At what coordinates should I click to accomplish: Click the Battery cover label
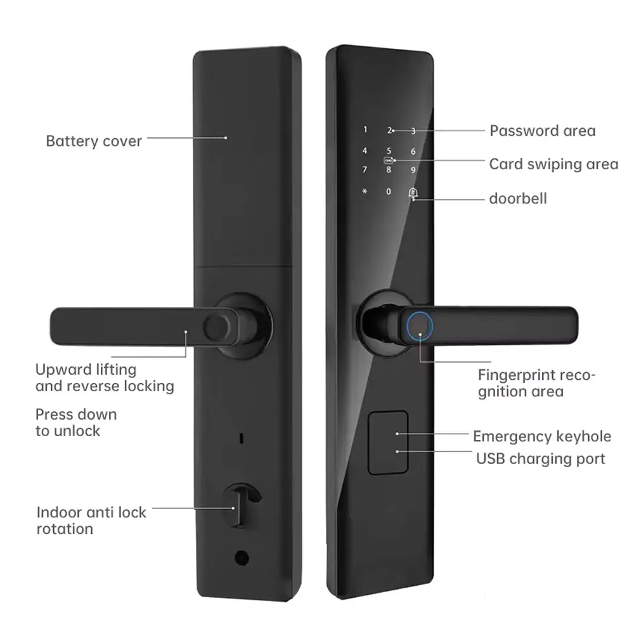point(94,140)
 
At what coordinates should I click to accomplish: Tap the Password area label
point(542,131)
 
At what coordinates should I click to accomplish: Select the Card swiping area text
point(553,164)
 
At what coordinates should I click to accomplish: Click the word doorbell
point(517,198)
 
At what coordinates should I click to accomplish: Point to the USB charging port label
point(540,458)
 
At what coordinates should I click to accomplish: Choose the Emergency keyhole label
point(542,436)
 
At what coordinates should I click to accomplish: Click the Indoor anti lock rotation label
point(91,520)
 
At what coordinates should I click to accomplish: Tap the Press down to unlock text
point(76,422)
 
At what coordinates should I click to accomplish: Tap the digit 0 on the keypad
point(389,191)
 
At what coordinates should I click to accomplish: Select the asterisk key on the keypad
point(364,191)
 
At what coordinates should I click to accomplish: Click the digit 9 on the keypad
point(413,170)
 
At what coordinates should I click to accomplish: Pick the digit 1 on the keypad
point(365,130)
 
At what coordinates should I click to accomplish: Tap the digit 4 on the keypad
point(364,151)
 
